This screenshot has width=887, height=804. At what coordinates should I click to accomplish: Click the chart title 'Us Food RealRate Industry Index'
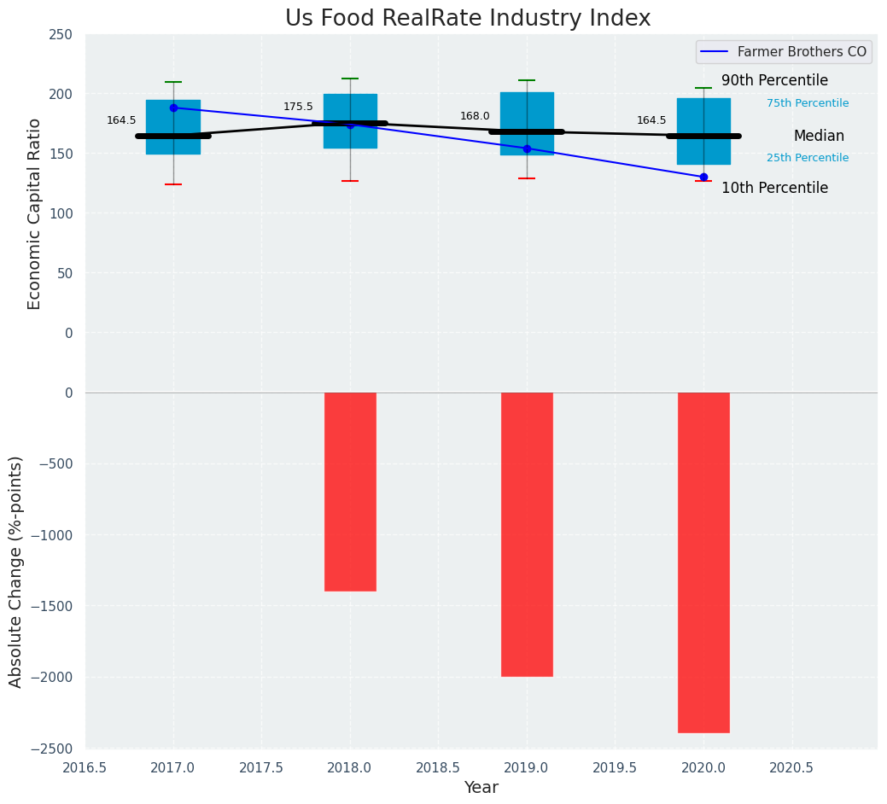[x=468, y=19]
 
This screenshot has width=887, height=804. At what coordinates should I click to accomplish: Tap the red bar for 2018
[x=350, y=492]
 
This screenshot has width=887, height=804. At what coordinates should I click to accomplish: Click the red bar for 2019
[x=527, y=534]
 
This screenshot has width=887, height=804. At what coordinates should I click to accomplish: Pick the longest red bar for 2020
[x=703, y=562]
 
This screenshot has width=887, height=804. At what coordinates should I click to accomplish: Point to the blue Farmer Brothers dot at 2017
[x=173, y=108]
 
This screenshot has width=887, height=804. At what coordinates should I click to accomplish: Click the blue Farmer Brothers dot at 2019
[x=527, y=149]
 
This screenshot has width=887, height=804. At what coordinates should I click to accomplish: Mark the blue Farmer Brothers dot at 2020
[x=703, y=177]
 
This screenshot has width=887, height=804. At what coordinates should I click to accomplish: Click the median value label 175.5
[x=298, y=107]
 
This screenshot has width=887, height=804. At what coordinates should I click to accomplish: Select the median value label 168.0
[x=475, y=116]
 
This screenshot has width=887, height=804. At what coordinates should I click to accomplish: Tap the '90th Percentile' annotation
[x=774, y=81]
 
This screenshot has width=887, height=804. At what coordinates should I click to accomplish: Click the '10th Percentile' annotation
[x=774, y=188]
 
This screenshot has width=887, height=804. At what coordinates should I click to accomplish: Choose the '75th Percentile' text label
[x=808, y=103]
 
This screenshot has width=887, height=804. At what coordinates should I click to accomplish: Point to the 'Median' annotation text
[x=819, y=136]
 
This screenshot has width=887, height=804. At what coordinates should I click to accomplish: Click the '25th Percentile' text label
[x=808, y=158]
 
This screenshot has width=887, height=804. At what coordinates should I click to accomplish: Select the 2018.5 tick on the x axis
[x=439, y=767]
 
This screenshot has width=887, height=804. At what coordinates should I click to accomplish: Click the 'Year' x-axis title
[x=481, y=788]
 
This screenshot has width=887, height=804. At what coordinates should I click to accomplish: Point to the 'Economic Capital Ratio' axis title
[x=35, y=213]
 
